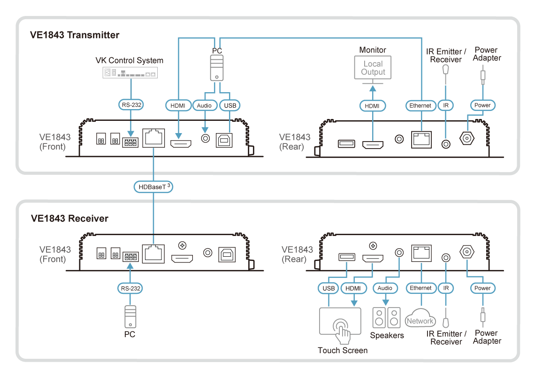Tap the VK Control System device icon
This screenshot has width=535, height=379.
tap(130, 73)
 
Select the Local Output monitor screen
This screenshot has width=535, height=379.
tap(373, 68)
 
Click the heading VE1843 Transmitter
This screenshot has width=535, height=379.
tap(75, 35)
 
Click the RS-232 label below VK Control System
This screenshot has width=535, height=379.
tap(130, 106)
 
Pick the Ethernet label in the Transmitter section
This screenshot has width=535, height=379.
tap(420, 106)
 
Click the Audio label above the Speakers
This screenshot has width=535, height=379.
tap(386, 288)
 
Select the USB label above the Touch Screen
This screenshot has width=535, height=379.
tap(328, 288)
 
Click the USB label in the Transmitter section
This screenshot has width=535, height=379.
tap(229, 106)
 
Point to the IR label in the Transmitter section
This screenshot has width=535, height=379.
tap(445, 106)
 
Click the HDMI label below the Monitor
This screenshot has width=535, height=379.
tap(373, 106)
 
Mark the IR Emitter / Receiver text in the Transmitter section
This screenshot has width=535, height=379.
tap(446, 55)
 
